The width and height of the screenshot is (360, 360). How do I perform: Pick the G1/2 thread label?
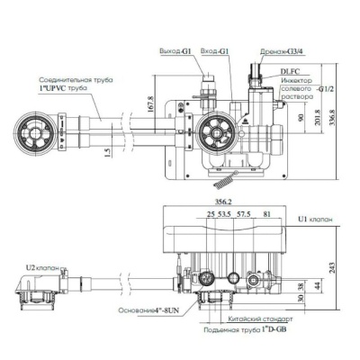[327, 91]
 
